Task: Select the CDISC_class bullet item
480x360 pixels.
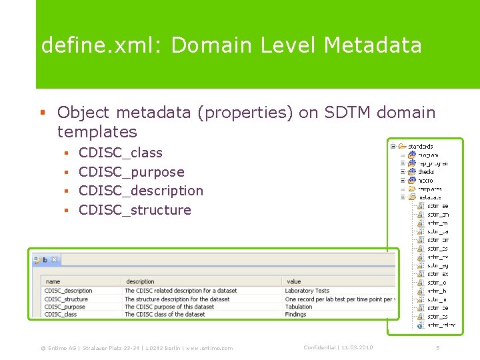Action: [120, 153]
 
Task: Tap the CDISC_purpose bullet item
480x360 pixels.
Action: [131, 172]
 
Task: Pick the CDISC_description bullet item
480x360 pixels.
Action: [141, 191]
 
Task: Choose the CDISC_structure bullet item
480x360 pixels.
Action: [135, 210]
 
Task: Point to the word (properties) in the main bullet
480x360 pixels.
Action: [239, 113]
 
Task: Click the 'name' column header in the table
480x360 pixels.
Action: [53, 282]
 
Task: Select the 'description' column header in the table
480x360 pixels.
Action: [140, 282]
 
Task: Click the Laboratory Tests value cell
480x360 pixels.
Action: [307, 291]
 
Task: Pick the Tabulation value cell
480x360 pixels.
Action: [299, 307]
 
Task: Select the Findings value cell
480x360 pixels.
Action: [295, 315]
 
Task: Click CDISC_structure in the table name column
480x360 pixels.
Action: [66, 299]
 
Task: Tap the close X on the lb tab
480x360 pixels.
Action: [55, 260]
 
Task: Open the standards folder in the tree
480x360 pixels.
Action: [420, 146]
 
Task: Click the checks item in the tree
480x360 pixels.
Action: [427, 171]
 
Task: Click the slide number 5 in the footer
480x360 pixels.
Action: [438, 347]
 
